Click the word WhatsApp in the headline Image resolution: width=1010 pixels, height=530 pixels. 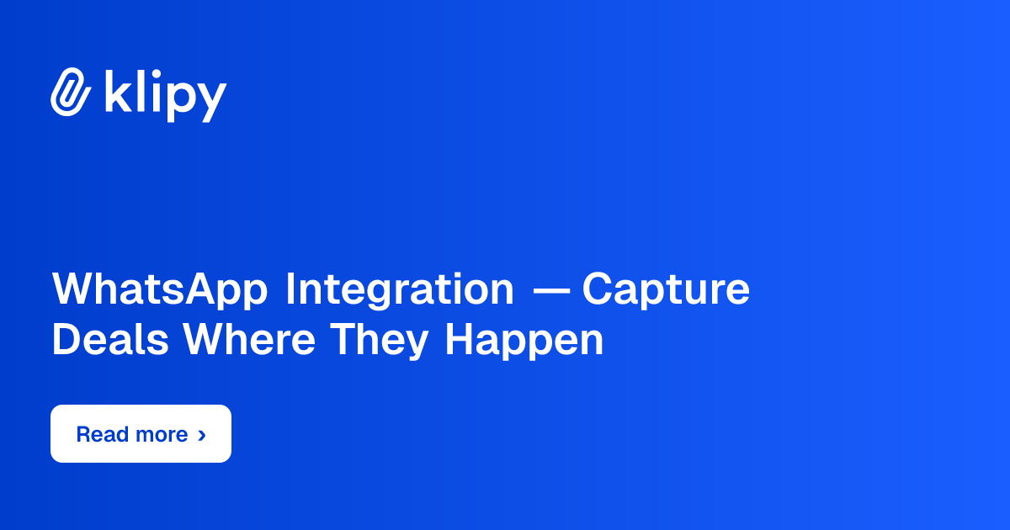click(x=160, y=290)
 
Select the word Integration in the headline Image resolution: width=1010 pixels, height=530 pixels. click(x=399, y=290)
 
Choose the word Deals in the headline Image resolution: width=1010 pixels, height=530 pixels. click(x=110, y=340)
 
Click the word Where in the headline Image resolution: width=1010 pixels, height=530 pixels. click(x=249, y=340)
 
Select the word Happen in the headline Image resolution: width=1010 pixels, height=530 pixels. click(x=524, y=341)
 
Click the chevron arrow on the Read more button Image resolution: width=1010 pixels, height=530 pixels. click(x=201, y=435)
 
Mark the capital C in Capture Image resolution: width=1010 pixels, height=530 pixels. click(x=597, y=289)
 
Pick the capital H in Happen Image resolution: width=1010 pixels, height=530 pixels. click(x=459, y=340)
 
